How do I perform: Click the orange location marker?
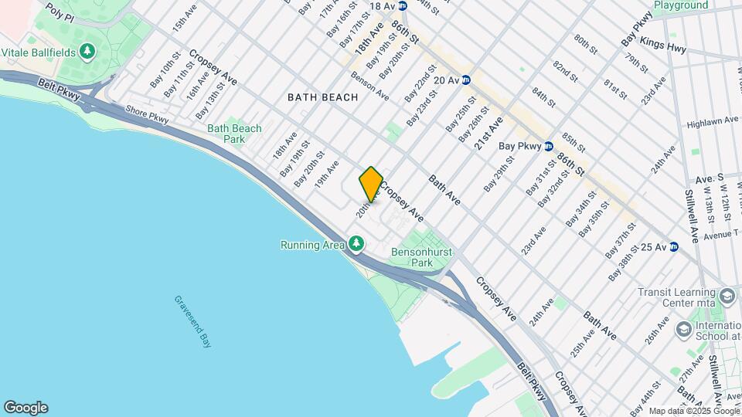[x=371, y=184]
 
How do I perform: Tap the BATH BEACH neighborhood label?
[x=323, y=97]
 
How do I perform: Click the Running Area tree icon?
[x=356, y=245]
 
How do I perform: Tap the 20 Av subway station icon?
[x=466, y=80]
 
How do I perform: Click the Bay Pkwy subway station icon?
[x=548, y=145]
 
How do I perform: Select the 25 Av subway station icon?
[x=673, y=246]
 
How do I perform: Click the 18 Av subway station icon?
[x=403, y=6]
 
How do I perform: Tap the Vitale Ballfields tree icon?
[x=88, y=52]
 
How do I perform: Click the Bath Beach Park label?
[x=234, y=134]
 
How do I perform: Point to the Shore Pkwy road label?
[x=146, y=114]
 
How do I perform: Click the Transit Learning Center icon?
[x=682, y=330]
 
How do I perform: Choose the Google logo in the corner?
[x=26, y=407]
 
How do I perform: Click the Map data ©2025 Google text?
[x=694, y=412]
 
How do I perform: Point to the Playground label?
[x=681, y=5]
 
